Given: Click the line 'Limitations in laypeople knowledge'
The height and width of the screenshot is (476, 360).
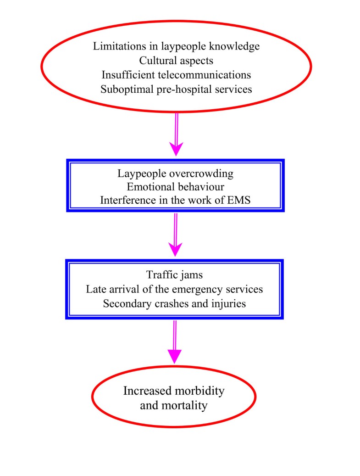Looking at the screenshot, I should [176, 46].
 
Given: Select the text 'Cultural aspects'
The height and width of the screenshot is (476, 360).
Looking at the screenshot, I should [176, 60].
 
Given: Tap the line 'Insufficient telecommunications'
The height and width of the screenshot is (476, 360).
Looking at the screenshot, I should [176, 74].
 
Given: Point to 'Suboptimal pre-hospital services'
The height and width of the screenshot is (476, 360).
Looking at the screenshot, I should [176, 89].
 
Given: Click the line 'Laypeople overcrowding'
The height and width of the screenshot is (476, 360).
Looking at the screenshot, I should [176, 174].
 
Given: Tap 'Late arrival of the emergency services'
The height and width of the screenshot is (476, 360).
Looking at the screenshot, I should [175, 290].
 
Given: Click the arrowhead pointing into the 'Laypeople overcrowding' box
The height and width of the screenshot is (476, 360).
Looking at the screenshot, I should [176, 149].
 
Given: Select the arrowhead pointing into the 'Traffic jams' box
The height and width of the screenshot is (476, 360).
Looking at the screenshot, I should [175, 249].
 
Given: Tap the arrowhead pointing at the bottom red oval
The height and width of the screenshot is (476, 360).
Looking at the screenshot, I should [175, 355].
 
